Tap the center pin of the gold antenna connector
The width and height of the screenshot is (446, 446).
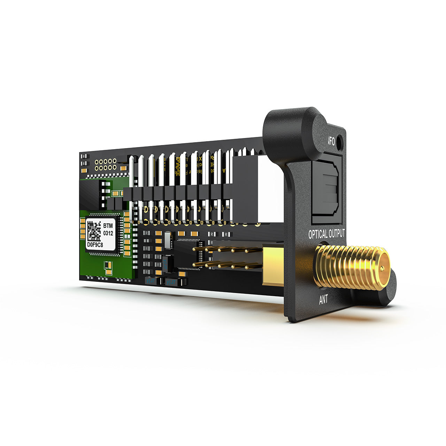coord(382,268)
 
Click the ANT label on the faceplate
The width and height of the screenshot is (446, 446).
coord(323,299)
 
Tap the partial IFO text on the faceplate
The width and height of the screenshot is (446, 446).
coord(331,142)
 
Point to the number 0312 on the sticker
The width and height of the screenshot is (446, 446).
coord(108,233)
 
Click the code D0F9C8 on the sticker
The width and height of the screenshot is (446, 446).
coord(95,245)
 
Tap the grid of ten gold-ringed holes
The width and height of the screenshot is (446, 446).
coord(106,164)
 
